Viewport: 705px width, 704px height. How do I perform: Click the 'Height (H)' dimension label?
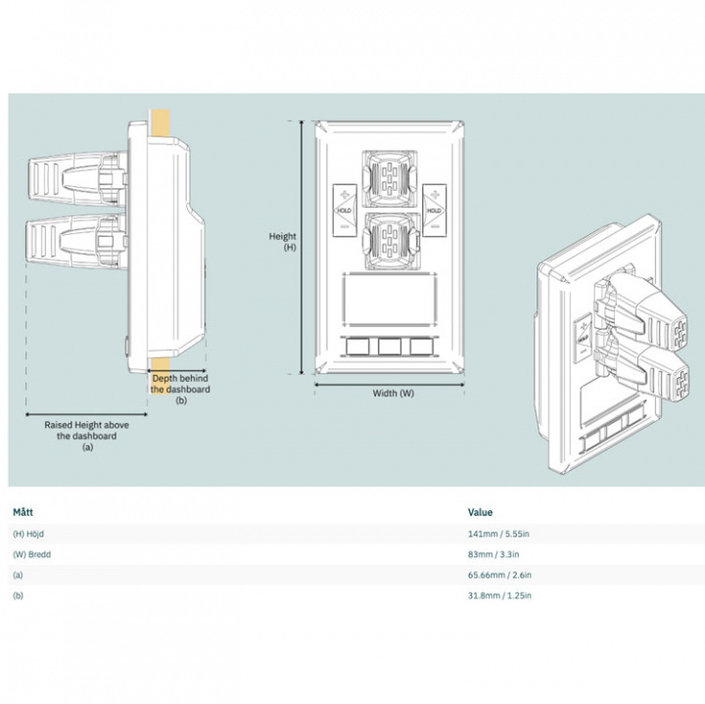tap(283, 242)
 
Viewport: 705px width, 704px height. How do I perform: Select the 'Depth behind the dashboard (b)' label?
tap(180, 389)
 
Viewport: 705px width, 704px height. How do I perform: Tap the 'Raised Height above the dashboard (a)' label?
tap(86, 436)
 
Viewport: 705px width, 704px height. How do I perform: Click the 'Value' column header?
tap(481, 512)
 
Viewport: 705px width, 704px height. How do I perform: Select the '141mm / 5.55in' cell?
tap(499, 534)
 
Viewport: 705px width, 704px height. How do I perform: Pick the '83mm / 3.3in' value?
tap(495, 554)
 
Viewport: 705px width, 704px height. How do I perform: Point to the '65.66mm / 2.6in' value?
tap(500, 575)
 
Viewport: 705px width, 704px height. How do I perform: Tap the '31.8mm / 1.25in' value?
tap(500, 595)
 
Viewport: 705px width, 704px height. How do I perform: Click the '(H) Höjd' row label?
tap(31, 534)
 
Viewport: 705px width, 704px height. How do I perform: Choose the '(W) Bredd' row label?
tap(32, 554)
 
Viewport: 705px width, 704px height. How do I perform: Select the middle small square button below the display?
tap(388, 346)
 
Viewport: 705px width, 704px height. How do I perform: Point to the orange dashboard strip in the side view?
tap(161, 121)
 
